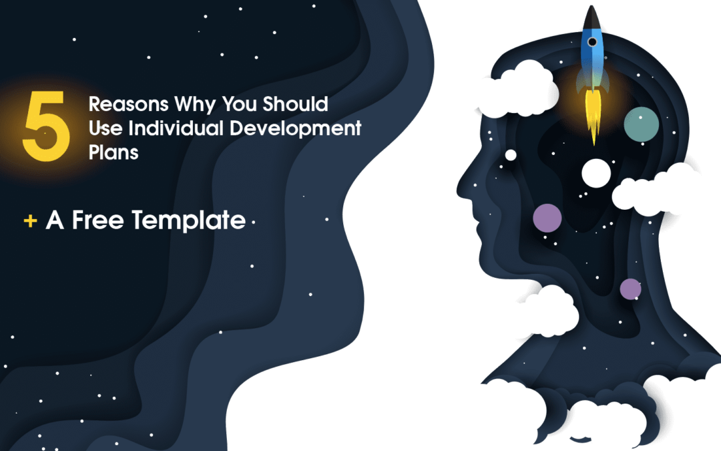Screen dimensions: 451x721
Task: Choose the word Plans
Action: [113, 152]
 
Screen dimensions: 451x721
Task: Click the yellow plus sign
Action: [30, 220]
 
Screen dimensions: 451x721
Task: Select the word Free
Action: [99, 220]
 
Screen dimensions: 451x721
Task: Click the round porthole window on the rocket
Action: [591, 41]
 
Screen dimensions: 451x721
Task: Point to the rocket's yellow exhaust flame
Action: [592, 114]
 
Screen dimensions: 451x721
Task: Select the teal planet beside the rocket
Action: [641, 124]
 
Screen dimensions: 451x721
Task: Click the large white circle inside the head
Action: [597, 172]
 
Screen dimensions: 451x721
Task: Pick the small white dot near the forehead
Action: [511, 155]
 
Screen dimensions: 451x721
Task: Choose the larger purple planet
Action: [547, 218]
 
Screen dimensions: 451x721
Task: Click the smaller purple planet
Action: [630, 289]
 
